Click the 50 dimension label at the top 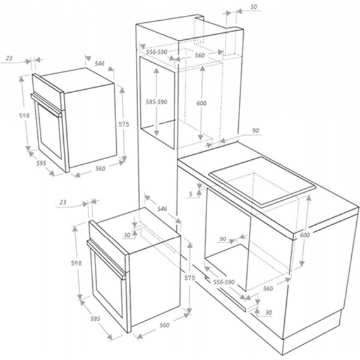(x=253, y=7)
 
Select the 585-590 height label (x=157, y=102)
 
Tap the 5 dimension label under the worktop (x=191, y=195)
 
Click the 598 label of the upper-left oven (x=25, y=116)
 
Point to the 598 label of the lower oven (x=76, y=263)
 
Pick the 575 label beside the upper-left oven (x=124, y=124)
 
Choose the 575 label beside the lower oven (x=189, y=278)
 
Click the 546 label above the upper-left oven (x=100, y=63)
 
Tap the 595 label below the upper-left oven (x=41, y=163)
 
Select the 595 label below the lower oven (x=95, y=318)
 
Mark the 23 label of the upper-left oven (x=9, y=58)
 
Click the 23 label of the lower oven (x=63, y=202)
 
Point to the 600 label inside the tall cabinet (x=201, y=104)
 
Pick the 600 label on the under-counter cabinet (x=304, y=235)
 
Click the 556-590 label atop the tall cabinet (x=157, y=52)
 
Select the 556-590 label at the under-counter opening (x=224, y=282)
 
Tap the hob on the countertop (x=262, y=181)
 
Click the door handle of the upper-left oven (x=47, y=105)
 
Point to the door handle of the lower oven (x=106, y=259)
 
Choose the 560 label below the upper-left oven (x=100, y=169)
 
